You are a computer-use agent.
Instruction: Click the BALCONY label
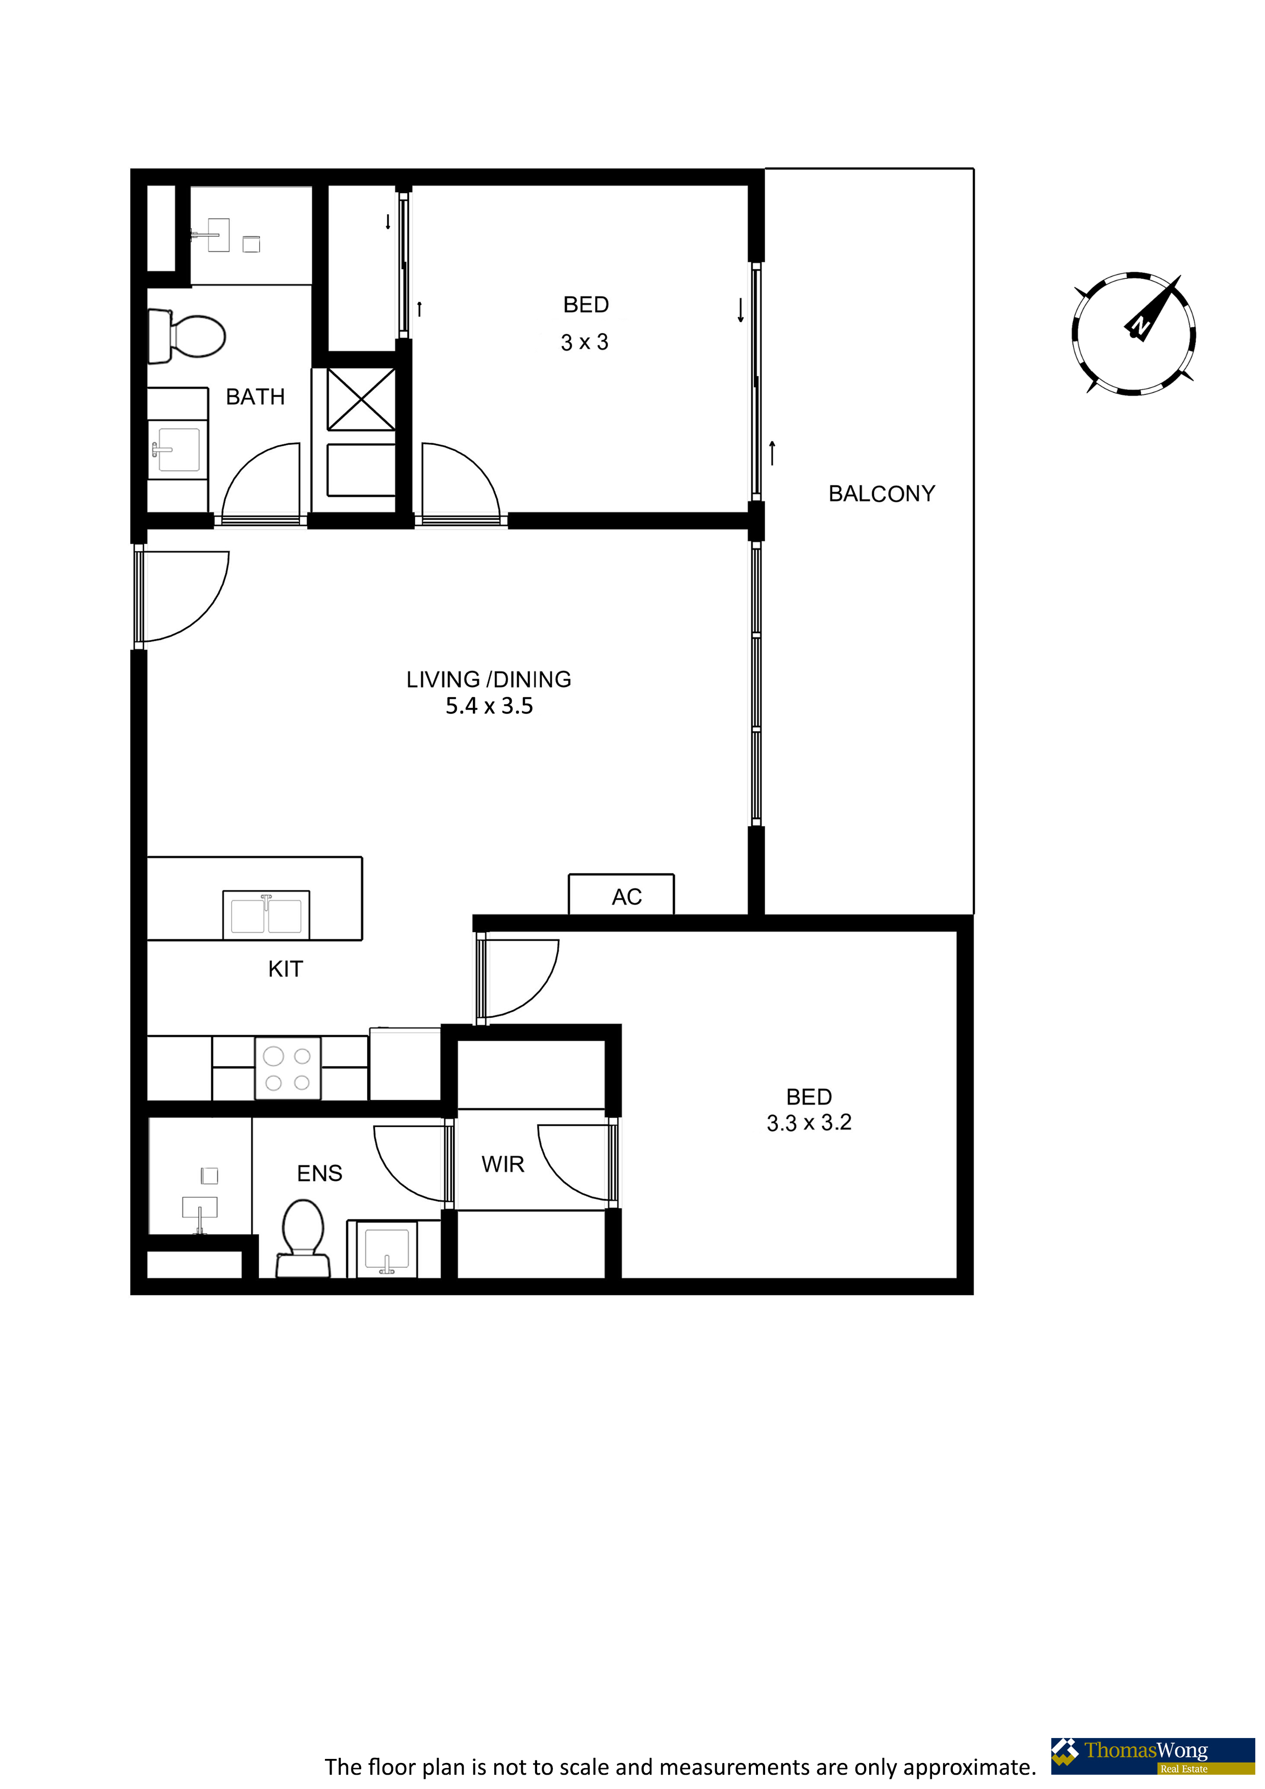click(x=881, y=494)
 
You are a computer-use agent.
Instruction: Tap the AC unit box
click(x=621, y=893)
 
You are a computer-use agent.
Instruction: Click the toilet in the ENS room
click(x=303, y=1237)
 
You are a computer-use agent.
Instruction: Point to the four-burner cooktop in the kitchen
click(x=288, y=1068)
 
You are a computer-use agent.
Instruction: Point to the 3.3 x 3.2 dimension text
click(x=809, y=1123)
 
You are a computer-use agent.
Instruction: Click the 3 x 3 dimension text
click(x=585, y=342)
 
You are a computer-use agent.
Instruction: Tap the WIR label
click(x=503, y=1164)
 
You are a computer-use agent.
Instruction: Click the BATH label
click(x=255, y=397)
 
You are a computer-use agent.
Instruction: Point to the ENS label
click(x=319, y=1173)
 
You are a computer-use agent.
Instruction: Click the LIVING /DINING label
click(x=489, y=679)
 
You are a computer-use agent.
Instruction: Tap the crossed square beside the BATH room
click(x=361, y=399)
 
